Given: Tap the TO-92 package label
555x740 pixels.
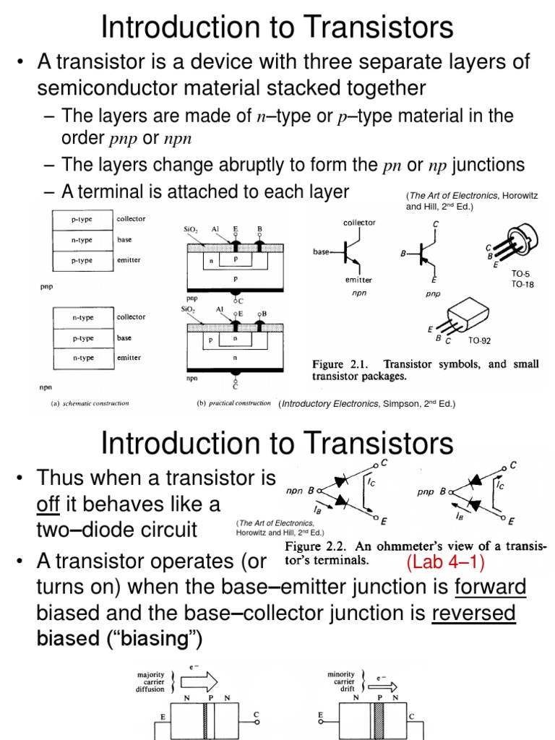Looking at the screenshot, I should tap(480, 339).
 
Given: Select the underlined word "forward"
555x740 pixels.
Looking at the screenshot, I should tap(490, 588).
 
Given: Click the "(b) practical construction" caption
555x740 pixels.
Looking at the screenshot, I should tap(234, 403).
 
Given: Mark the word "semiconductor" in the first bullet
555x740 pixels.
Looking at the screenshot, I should tap(118, 88).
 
